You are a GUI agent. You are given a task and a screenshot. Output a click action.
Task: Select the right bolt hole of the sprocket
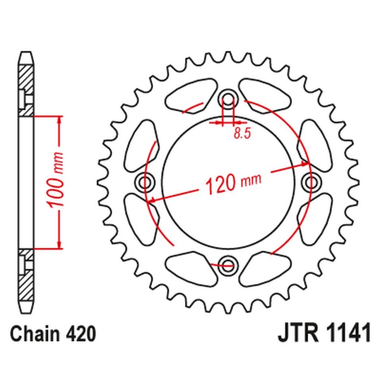click(x=311, y=181)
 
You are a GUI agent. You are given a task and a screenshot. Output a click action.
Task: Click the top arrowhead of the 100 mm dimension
click(x=59, y=118)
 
